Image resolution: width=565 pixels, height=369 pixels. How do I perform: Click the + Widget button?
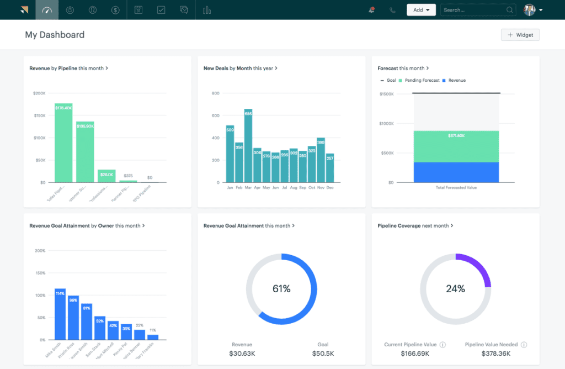pos(520,35)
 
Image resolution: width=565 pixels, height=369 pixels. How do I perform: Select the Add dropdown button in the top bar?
pos(421,10)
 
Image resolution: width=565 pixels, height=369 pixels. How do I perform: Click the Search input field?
pos(473,10)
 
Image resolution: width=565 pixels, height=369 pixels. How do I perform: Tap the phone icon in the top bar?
pos(392,10)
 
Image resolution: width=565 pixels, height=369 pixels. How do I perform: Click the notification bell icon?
pos(372,10)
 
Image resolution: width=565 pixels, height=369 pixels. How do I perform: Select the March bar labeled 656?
pos(248,146)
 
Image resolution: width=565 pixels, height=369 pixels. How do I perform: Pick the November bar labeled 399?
pos(321,160)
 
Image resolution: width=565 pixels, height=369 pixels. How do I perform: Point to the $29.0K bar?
pos(106,176)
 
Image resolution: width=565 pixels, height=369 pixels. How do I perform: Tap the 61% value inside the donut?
pos(281,288)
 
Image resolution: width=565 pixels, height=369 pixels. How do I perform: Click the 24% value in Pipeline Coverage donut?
pos(455,288)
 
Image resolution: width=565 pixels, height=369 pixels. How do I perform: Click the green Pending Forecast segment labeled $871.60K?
pos(455,146)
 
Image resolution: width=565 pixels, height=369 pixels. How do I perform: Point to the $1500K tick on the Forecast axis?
pos(386,94)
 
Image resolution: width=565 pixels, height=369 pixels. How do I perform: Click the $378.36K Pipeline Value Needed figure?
pos(495,354)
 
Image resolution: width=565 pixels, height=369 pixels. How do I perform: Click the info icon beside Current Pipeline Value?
pos(443,345)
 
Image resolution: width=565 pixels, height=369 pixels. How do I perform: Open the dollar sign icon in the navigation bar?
pos(115,10)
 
